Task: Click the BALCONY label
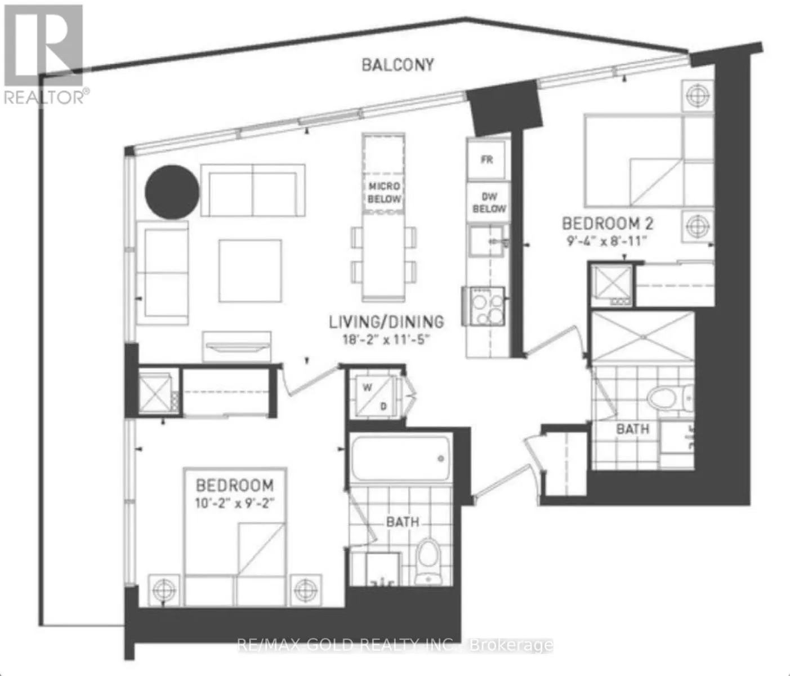[398, 65]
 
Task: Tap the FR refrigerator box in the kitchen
[487, 159]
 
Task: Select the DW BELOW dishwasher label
[489, 203]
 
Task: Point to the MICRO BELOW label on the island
[384, 192]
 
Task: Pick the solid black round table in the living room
[172, 192]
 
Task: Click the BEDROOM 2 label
[608, 224]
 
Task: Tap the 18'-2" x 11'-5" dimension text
[387, 339]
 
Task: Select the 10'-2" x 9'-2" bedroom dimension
[235, 503]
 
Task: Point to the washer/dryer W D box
[375, 396]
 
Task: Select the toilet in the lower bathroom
[428, 562]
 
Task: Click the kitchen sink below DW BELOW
[486, 241]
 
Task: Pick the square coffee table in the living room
[250, 271]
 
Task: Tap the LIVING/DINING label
[387, 322]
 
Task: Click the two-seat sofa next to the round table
[253, 190]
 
